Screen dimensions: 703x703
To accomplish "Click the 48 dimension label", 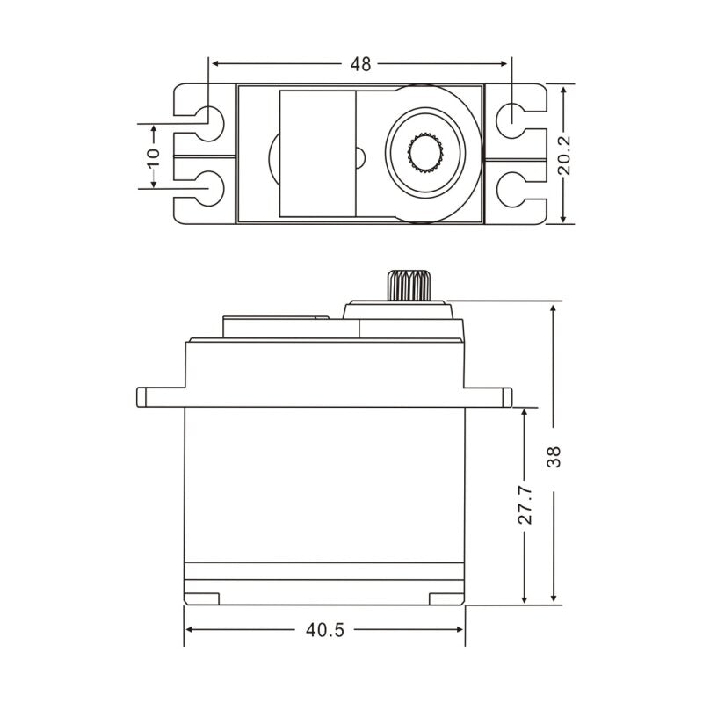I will [x=360, y=63].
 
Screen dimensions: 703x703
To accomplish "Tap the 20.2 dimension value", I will [x=565, y=155].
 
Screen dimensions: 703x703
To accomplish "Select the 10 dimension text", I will [x=154, y=156].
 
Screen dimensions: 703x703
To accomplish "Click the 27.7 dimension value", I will [x=525, y=506].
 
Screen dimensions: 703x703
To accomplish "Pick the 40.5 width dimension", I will [x=325, y=630].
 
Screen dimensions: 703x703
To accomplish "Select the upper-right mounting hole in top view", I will [x=511, y=117].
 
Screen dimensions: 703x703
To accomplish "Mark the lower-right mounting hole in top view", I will [x=511, y=187].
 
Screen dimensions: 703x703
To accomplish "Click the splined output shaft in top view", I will [x=428, y=154].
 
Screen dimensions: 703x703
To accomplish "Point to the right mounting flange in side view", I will [x=488, y=396].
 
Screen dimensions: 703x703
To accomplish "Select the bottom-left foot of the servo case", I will [x=202, y=598].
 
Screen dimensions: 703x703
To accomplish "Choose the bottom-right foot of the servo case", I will [x=446, y=598].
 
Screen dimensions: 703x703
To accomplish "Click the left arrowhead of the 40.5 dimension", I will [x=190, y=630].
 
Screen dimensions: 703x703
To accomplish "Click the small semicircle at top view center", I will [x=359, y=159].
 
